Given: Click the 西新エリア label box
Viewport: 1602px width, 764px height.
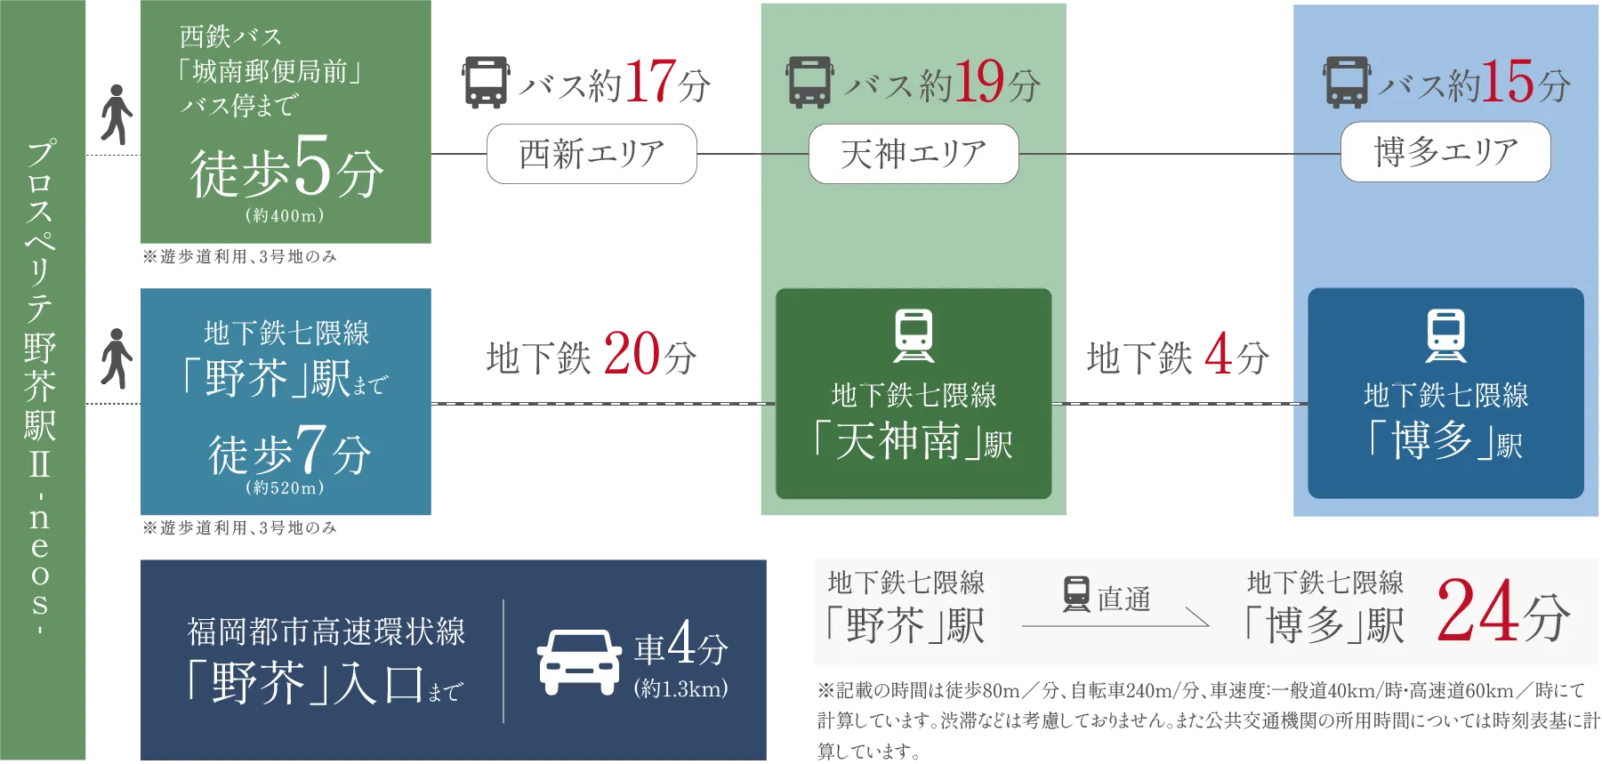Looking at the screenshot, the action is point(592,154).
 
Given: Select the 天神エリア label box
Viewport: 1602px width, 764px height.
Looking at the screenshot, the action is point(914,154).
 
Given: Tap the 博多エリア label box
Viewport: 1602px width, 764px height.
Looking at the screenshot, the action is point(1445,152).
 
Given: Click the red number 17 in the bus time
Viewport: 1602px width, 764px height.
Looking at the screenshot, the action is point(650,82).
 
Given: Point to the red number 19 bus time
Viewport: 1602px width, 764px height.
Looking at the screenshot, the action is point(978,82).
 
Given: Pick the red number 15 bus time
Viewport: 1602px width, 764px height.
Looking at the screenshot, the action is point(1508,82).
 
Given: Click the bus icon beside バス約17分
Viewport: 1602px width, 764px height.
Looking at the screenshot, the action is point(486,83).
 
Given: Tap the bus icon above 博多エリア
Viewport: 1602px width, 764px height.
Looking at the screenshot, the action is point(1346,83).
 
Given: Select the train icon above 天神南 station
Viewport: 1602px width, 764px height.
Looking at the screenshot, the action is point(914,335).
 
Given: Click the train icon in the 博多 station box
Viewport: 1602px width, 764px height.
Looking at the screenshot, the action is point(1446,335).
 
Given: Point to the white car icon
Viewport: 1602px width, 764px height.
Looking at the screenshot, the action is point(579,663).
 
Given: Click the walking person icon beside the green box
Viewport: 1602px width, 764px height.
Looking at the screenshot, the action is point(116,115).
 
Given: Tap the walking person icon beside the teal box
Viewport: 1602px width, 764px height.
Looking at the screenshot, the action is point(116,358).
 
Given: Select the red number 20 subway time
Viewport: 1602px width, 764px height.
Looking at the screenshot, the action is point(632,353).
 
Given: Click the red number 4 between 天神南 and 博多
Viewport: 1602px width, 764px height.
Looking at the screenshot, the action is point(1219,353).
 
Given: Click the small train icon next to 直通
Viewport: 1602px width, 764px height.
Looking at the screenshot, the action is point(1076,594).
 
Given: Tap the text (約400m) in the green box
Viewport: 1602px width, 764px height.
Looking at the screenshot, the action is point(285,215).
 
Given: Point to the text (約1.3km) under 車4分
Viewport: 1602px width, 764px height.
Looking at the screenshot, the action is point(681,688).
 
